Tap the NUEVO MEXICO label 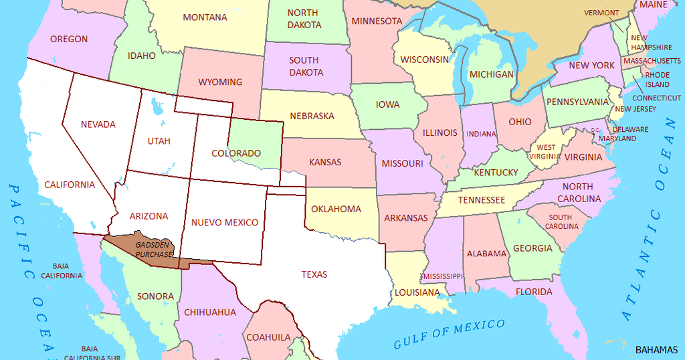click(225, 222)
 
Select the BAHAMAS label click(656, 349)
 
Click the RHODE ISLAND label click(657, 80)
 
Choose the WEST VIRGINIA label click(546, 152)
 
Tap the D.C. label click(595, 130)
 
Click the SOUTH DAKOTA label click(306, 66)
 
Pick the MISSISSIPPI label click(442, 276)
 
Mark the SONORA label click(155, 296)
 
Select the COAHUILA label click(268, 337)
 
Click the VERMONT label click(601, 13)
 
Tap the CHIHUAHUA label click(210, 312)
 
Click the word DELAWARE click(630, 129)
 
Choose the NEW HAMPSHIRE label click(652, 43)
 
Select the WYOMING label click(220, 82)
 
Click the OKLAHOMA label click(336, 209)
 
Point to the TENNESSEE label click(481, 199)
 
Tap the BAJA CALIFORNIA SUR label click(92, 353)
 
